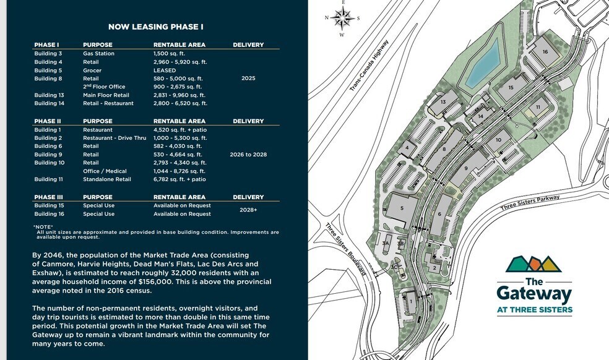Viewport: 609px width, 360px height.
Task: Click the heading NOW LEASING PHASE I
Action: (x=155, y=27)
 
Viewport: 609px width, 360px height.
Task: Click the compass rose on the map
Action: (x=341, y=17)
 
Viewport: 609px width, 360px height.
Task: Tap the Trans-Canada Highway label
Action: (x=369, y=66)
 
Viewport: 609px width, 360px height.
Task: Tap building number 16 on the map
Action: (x=545, y=52)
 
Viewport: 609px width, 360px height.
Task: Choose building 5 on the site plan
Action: (x=402, y=208)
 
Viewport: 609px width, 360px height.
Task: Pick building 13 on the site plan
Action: (x=443, y=102)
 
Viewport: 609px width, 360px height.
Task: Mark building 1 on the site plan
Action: (x=410, y=301)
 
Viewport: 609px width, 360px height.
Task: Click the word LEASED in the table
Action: (x=165, y=71)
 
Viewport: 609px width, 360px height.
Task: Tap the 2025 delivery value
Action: (x=248, y=79)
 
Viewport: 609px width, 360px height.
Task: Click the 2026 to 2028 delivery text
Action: (x=248, y=154)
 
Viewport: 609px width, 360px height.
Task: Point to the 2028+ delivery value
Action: (x=248, y=210)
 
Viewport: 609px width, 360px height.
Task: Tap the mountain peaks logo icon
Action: (x=533, y=264)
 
